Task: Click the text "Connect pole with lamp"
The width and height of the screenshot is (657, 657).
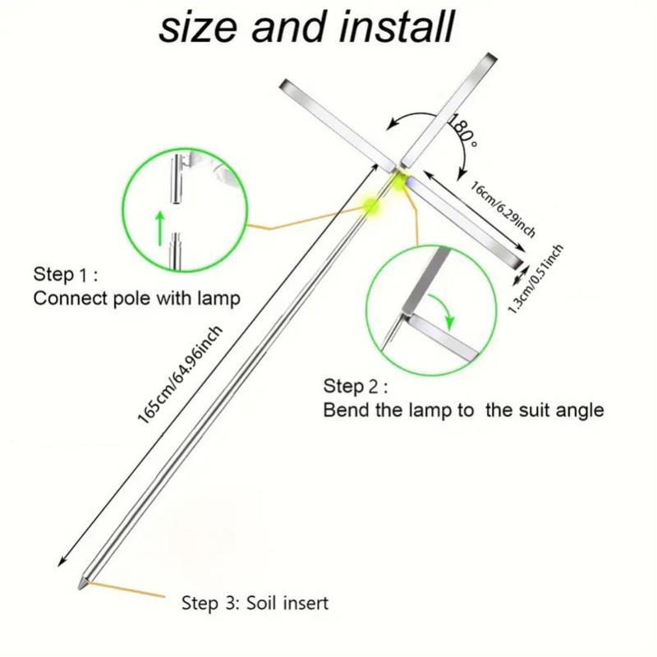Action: point(136,298)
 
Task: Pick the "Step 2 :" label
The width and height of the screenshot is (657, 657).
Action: point(356,386)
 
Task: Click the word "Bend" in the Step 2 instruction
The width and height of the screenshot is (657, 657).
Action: point(344,410)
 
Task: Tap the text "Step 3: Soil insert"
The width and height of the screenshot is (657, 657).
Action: point(255,604)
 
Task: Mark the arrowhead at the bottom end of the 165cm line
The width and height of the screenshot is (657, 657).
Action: point(60,563)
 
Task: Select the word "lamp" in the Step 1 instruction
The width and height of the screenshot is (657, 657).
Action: point(218,298)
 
